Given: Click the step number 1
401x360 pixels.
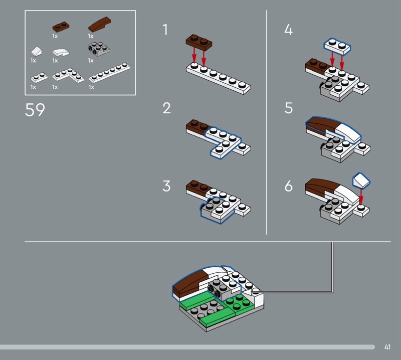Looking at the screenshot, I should coord(165,30).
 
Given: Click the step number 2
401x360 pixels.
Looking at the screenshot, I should coord(166,108).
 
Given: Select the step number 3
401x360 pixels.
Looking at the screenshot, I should coord(166,186).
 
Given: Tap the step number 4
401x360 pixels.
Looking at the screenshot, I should coord(288,30).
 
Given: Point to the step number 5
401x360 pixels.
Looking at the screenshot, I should coord(288,108).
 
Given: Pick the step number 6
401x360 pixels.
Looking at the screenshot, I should coord(288,186).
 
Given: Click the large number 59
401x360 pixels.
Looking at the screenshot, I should coord(35,110).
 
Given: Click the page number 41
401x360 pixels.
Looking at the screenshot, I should coord(387,347).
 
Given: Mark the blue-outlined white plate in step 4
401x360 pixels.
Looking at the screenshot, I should coord(337,46).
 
